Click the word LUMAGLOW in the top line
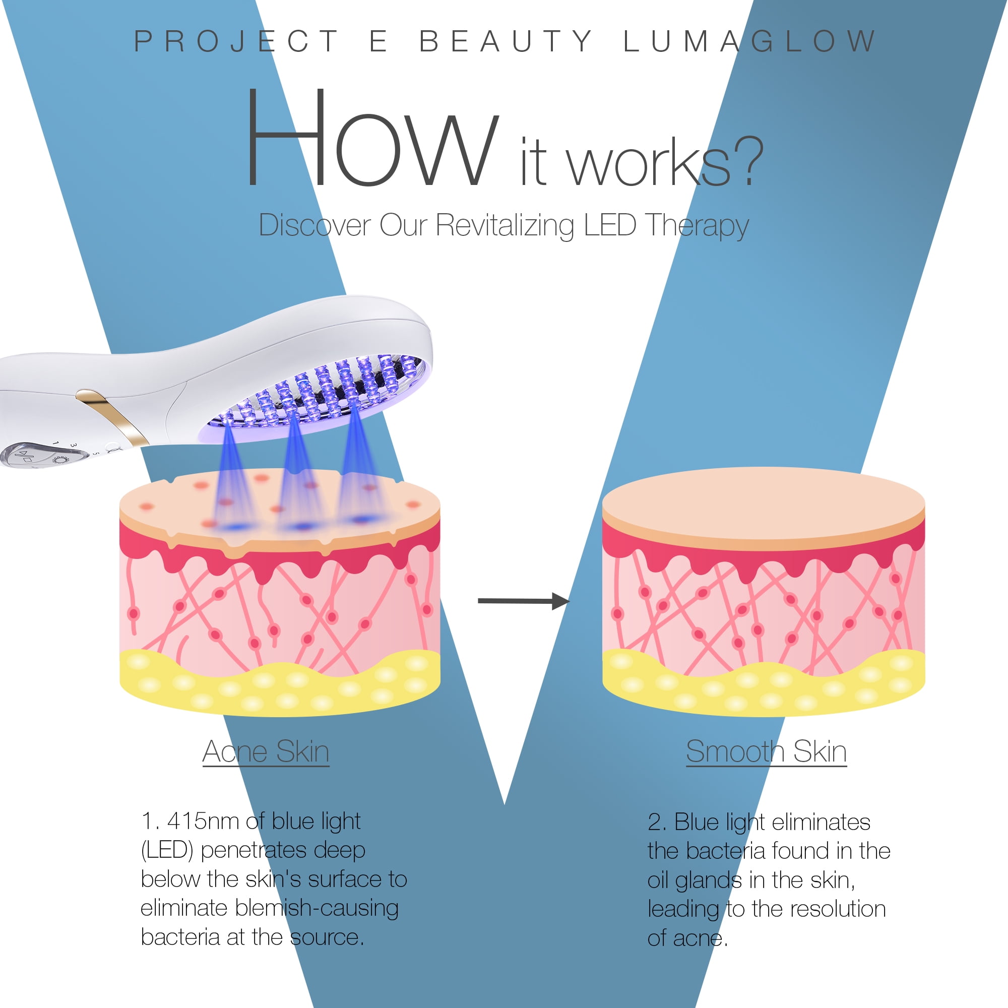click(750, 42)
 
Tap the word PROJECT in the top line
click(237, 42)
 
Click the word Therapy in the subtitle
click(697, 226)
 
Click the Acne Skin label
click(266, 752)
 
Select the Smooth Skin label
click(766, 752)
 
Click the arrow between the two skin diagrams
click(523, 602)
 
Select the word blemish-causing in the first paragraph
click(317, 908)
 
